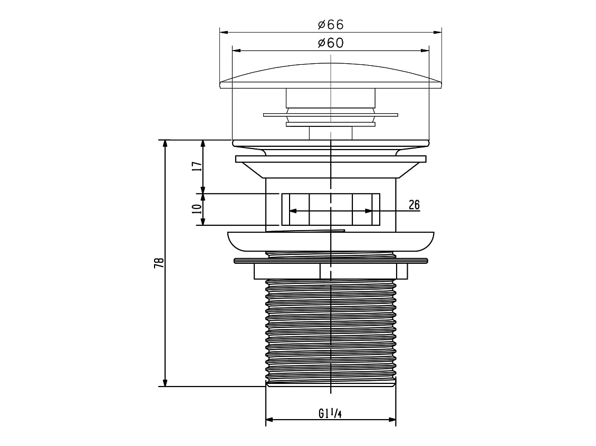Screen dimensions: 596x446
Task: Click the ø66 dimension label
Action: (x=331, y=25)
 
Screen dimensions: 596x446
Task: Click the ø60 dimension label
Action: (x=331, y=43)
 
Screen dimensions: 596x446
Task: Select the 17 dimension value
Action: (x=197, y=166)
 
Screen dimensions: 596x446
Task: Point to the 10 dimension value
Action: (x=197, y=209)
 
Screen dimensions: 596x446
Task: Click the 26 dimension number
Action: (x=415, y=205)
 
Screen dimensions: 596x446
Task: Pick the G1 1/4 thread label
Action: (x=330, y=413)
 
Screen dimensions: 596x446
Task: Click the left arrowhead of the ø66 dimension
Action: (x=224, y=32)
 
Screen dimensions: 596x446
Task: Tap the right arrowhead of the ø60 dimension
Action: (x=425, y=50)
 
